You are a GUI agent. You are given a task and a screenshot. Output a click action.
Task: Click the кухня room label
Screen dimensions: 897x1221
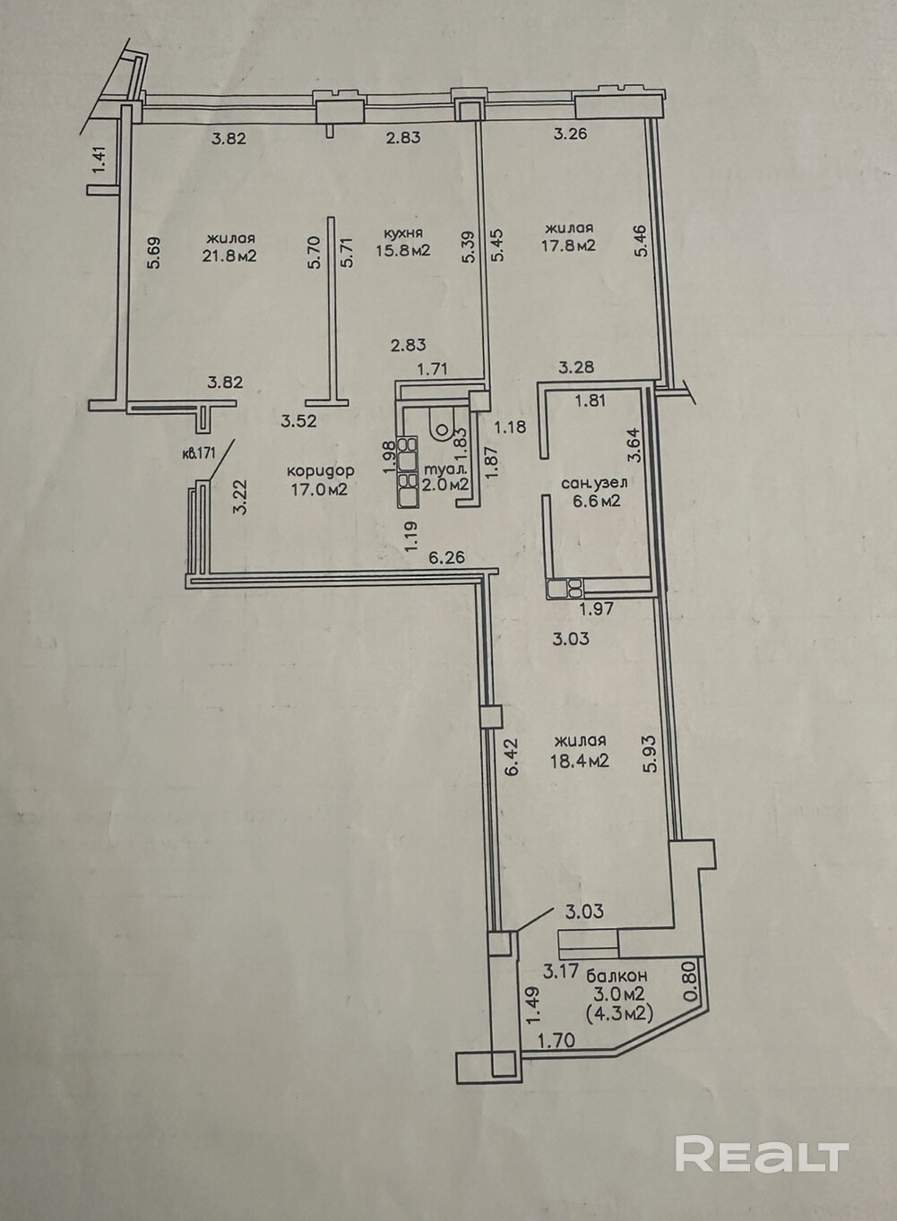click(403, 233)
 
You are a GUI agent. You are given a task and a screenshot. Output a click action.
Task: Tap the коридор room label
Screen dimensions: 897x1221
click(321, 470)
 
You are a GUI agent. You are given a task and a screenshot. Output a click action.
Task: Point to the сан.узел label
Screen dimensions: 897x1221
click(594, 483)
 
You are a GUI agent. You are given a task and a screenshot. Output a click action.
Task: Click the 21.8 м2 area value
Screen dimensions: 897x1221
click(231, 255)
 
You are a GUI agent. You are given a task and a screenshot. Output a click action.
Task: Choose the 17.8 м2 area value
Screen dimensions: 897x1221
click(569, 245)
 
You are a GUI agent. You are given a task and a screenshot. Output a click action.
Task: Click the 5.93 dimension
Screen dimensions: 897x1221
click(651, 752)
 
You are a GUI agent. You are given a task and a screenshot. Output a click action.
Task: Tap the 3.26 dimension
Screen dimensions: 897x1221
click(571, 133)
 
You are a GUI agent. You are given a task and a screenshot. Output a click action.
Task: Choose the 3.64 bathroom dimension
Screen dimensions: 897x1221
click(634, 445)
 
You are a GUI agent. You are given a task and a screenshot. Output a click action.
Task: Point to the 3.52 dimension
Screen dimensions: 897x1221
click(298, 421)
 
